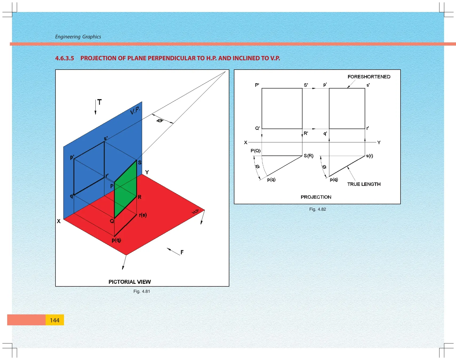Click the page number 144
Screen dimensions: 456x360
point(54,320)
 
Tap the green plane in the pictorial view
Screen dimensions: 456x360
point(125,189)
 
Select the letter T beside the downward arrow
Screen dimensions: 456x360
point(99,102)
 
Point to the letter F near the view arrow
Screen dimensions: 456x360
point(182,252)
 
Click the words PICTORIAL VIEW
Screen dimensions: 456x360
point(130,282)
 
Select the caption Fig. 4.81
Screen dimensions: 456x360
point(142,291)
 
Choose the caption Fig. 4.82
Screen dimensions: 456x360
point(318,209)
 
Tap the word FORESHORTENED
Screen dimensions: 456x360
point(369,77)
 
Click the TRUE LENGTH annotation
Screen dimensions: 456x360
point(364,184)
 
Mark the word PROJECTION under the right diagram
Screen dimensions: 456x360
point(316,197)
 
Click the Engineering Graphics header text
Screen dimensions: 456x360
point(78,37)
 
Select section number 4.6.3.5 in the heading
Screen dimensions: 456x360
point(65,58)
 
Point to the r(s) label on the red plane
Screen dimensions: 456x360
point(143,215)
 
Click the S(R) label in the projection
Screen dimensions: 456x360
point(309,156)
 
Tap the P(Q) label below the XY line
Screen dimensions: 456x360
point(255,151)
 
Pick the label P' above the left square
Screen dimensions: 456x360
point(257,85)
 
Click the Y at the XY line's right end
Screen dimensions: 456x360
point(379,142)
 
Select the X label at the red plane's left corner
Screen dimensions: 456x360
point(59,221)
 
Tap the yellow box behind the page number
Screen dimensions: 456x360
point(55,320)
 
